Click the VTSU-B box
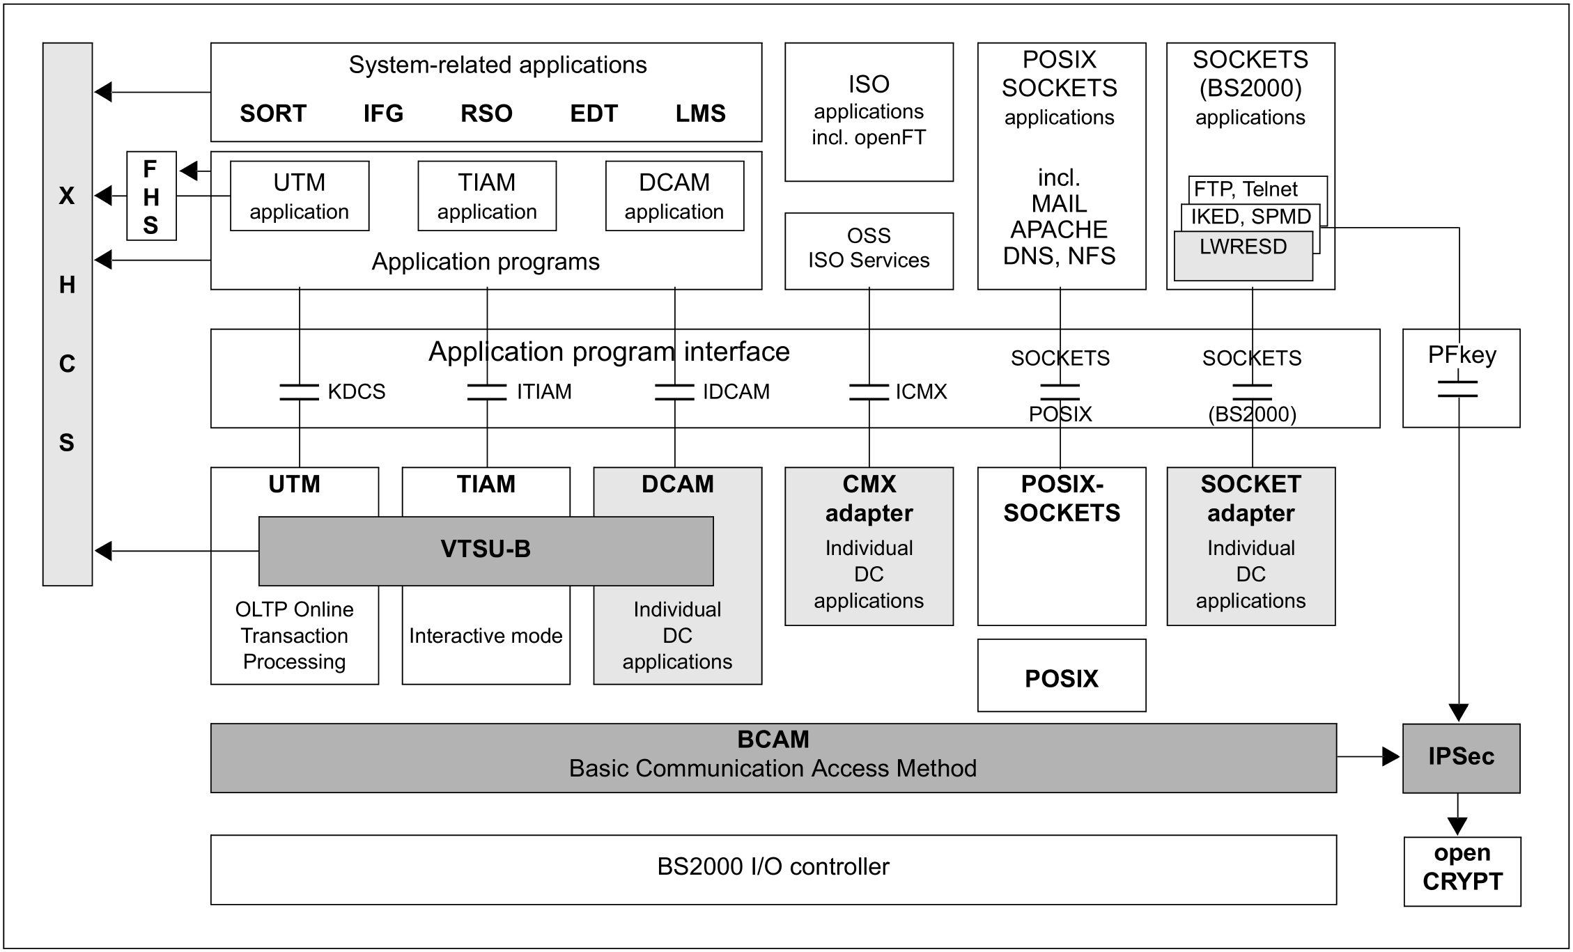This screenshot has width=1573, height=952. point(486,550)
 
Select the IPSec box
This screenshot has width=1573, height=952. point(1461,757)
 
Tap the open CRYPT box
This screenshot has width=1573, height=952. point(1462,870)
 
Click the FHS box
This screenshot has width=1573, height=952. point(151,196)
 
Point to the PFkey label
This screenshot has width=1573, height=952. point(1462,355)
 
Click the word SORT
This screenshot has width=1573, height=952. point(273,114)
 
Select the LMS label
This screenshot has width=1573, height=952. point(700,114)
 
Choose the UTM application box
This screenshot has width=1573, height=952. point(300,196)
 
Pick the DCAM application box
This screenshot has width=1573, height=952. point(674,196)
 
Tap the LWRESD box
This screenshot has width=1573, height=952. point(1243,248)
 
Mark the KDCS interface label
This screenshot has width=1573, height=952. point(356,392)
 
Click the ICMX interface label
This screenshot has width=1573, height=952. point(921,392)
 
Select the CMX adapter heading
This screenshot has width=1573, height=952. point(869,499)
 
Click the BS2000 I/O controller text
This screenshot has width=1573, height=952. point(773,867)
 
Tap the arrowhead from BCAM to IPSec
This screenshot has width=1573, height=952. point(1390,756)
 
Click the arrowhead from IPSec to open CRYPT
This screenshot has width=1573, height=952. point(1457,826)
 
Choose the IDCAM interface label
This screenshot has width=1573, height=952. point(736,392)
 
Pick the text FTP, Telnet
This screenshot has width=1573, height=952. point(1246,189)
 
